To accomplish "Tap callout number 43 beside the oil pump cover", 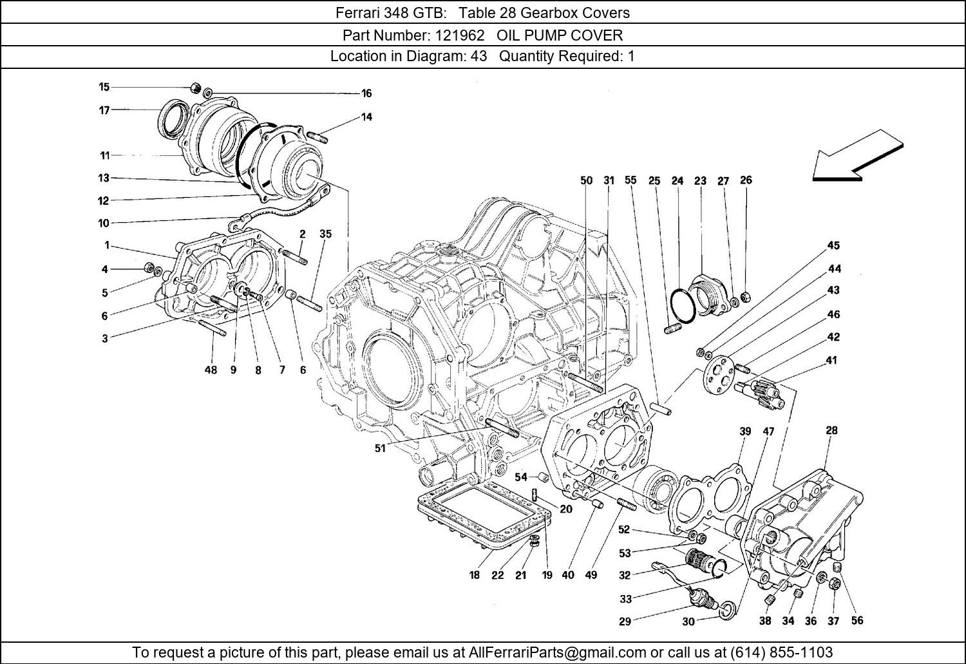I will pyautogui.click(x=833, y=290).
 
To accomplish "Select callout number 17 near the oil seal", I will pyautogui.click(x=104, y=110).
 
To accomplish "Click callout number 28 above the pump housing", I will pyautogui.click(x=831, y=431).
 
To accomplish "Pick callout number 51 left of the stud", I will pyautogui.click(x=380, y=448).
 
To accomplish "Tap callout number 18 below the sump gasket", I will pyautogui.click(x=474, y=575).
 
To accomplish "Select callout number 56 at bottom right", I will pyautogui.click(x=857, y=620).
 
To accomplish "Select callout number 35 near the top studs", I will pyautogui.click(x=325, y=234).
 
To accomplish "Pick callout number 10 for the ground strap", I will pyautogui.click(x=104, y=223).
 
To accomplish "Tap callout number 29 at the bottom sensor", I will pyautogui.click(x=625, y=621).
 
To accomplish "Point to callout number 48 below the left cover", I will pyautogui.click(x=211, y=370).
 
